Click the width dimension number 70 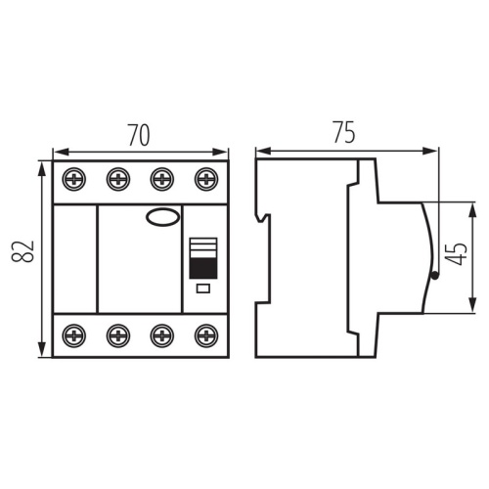click(x=140, y=135)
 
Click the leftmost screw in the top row click(x=74, y=179)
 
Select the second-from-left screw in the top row click(x=118, y=179)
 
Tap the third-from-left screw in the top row click(x=161, y=179)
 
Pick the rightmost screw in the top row click(x=205, y=179)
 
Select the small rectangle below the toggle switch click(x=203, y=289)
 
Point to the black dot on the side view click(x=433, y=277)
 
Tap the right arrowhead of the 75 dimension click(x=433, y=152)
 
